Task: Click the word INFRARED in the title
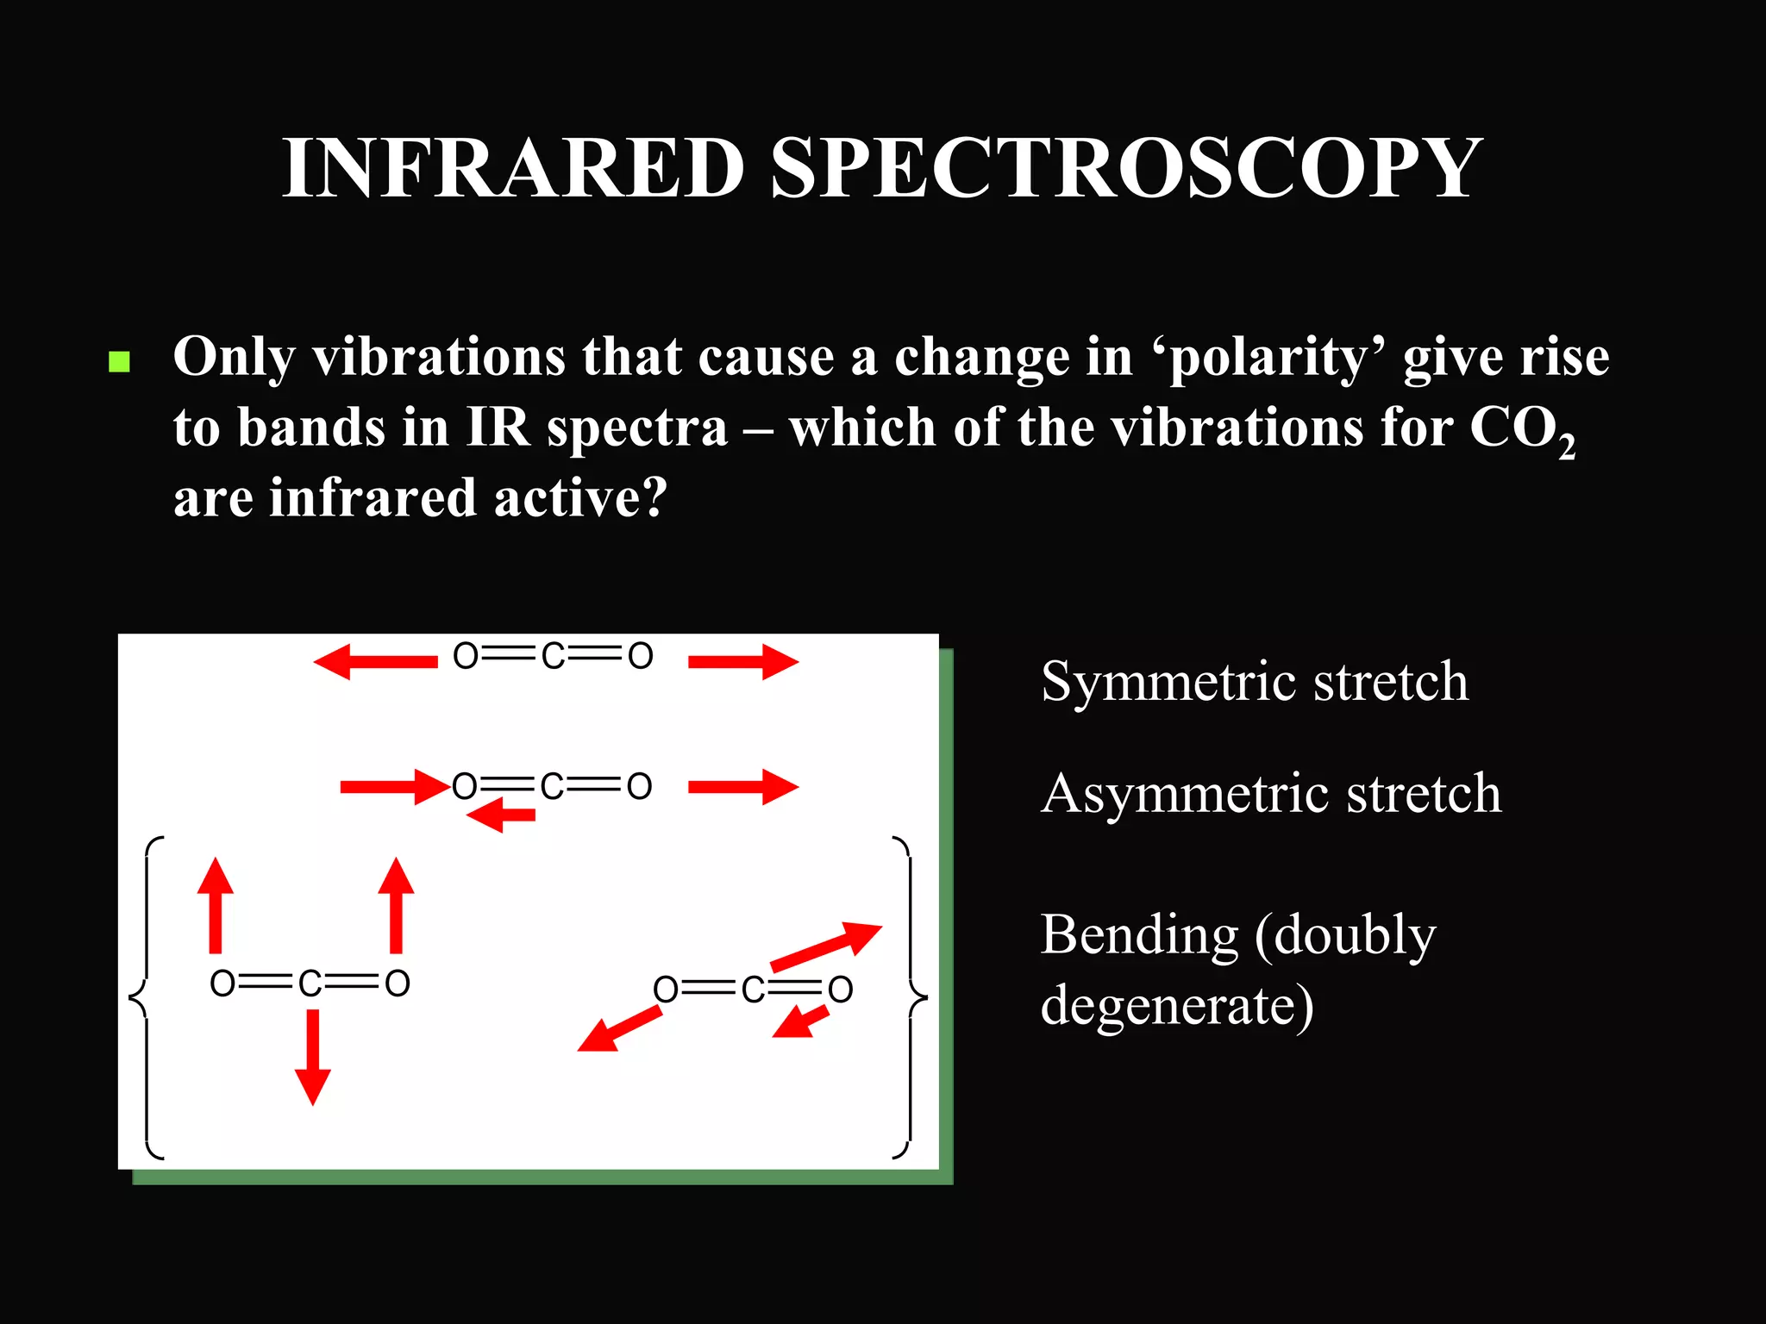point(514,168)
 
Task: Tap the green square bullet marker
point(120,361)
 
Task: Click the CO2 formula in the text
point(1521,429)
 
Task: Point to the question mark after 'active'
point(654,498)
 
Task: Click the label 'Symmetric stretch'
point(1255,681)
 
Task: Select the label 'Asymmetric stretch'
point(1271,793)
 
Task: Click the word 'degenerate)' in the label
point(1177,1005)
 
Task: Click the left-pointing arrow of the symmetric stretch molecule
point(375,662)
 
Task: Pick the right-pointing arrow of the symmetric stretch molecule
point(743,662)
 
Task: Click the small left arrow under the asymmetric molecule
point(501,815)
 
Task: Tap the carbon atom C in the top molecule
point(553,657)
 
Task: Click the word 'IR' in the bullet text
point(498,428)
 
